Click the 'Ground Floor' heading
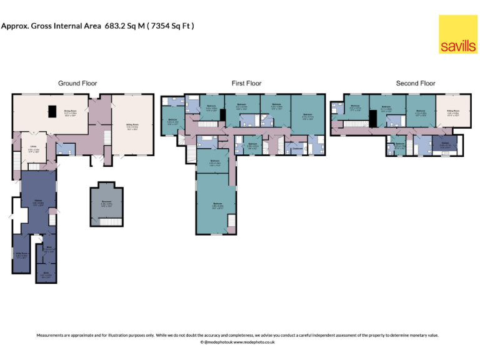coord(77,83)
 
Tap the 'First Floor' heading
coord(246,83)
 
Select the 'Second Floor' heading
coord(416,83)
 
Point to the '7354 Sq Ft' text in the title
coord(171,26)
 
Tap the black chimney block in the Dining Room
coord(53,111)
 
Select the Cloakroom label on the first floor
coord(298,148)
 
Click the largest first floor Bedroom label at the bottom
coord(217,205)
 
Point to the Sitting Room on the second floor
coord(450,113)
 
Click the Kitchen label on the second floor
coord(445,146)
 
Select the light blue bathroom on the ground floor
coord(64,149)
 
